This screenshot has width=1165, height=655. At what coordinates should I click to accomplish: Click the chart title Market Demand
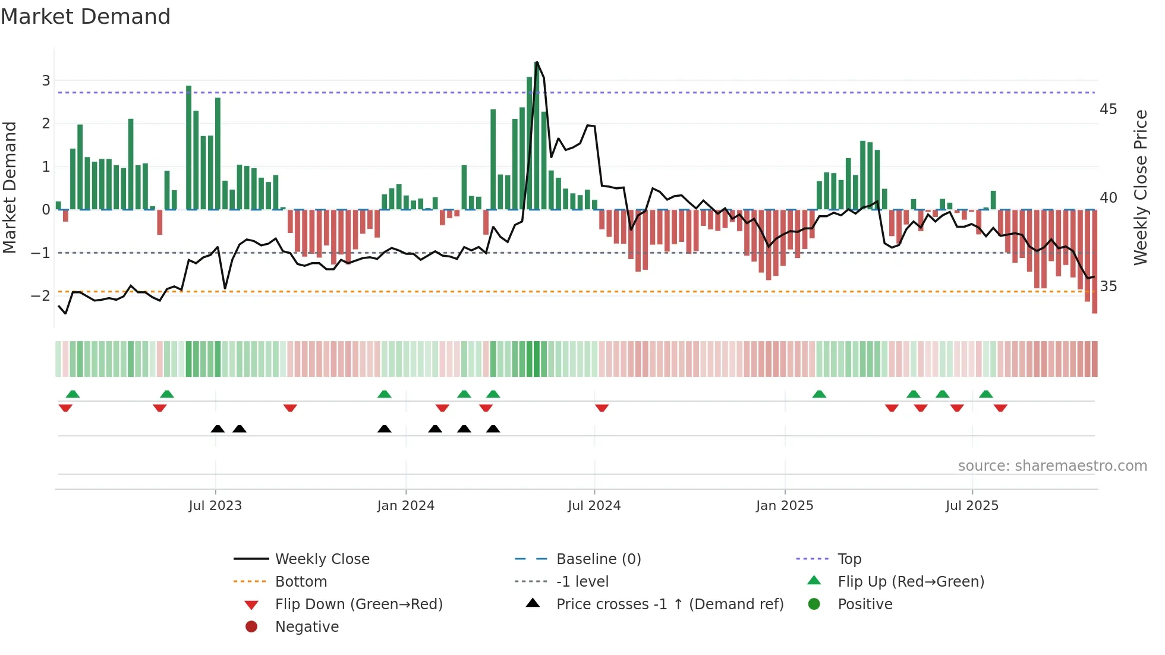[x=86, y=17]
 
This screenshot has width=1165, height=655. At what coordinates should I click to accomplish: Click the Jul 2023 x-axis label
[x=215, y=506]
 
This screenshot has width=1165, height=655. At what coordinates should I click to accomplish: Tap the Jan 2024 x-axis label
[x=405, y=506]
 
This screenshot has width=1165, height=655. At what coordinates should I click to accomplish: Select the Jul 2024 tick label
[x=594, y=506]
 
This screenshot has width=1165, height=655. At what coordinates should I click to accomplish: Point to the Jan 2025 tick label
[x=785, y=506]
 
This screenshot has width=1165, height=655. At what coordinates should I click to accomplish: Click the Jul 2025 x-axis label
[x=972, y=506]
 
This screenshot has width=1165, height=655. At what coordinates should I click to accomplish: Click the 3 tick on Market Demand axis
[x=46, y=80]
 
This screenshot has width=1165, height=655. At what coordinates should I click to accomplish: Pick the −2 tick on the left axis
[x=41, y=295]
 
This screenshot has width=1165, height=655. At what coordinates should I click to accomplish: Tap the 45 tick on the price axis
[x=1108, y=109]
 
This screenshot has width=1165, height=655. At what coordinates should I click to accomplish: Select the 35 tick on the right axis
[x=1108, y=286]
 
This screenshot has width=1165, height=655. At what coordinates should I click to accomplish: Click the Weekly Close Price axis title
[x=1140, y=187]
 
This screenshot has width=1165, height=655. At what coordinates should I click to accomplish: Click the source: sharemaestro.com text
[x=1052, y=466]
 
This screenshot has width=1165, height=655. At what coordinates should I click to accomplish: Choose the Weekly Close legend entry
[x=322, y=559]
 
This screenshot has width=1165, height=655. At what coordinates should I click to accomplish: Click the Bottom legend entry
[x=301, y=582]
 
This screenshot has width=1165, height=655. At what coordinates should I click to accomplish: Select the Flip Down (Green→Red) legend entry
[x=358, y=604]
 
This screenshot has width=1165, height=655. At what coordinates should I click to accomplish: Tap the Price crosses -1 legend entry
[x=670, y=604]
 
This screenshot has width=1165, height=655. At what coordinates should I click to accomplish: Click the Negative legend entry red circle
[x=251, y=627]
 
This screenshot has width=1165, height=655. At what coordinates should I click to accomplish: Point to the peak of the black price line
[x=537, y=62]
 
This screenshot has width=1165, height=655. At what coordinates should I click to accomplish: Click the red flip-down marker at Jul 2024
[x=602, y=408]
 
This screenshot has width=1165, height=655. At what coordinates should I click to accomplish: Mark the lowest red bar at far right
[x=1094, y=309]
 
